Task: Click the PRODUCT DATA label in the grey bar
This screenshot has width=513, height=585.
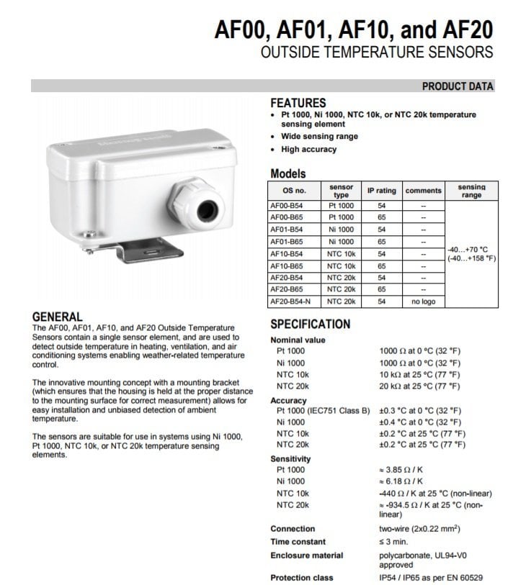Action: tap(458, 86)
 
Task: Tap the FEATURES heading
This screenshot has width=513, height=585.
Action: tap(298, 103)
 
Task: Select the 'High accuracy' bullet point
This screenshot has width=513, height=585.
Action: tap(308, 149)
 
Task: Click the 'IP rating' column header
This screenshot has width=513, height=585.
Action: tap(382, 191)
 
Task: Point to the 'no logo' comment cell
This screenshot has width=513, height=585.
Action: tap(423, 301)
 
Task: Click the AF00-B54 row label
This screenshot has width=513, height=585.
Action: tap(286, 205)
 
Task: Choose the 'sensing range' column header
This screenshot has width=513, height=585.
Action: tap(471, 191)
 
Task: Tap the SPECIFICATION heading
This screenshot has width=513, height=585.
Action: tap(310, 324)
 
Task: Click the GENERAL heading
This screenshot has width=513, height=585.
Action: tap(58, 317)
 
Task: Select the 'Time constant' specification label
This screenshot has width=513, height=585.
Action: tap(298, 541)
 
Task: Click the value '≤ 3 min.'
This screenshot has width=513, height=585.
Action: tap(393, 541)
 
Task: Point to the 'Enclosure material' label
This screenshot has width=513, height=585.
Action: tap(306, 555)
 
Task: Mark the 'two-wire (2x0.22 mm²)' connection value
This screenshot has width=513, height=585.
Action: tap(419, 528)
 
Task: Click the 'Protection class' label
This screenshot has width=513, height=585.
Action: tap(301, 578)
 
